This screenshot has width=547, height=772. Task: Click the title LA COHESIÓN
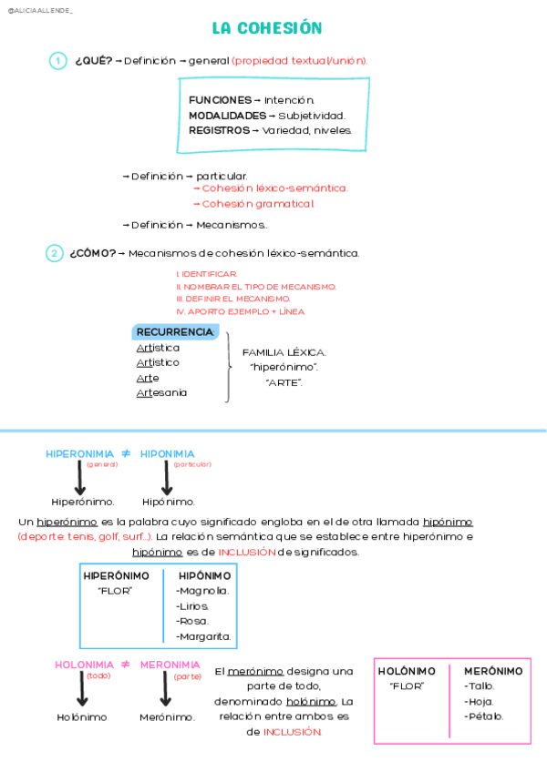267,28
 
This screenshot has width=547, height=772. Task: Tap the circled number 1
57,61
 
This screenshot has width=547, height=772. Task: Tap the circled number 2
55,253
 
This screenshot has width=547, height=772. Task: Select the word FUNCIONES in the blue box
220,99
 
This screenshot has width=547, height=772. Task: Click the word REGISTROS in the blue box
219,130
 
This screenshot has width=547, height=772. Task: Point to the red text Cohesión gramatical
258,204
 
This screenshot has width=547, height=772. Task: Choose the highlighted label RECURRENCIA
175,332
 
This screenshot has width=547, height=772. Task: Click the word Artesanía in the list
161,393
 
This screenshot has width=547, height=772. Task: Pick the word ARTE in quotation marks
284,382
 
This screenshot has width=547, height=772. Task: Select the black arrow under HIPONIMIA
167,479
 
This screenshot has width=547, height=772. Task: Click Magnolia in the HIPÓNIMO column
202,591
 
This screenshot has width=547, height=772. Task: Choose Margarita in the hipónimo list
203,636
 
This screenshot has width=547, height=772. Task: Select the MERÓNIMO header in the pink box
493,671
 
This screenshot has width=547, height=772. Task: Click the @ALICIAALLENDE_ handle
40,9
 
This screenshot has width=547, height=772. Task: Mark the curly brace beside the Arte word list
228,366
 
